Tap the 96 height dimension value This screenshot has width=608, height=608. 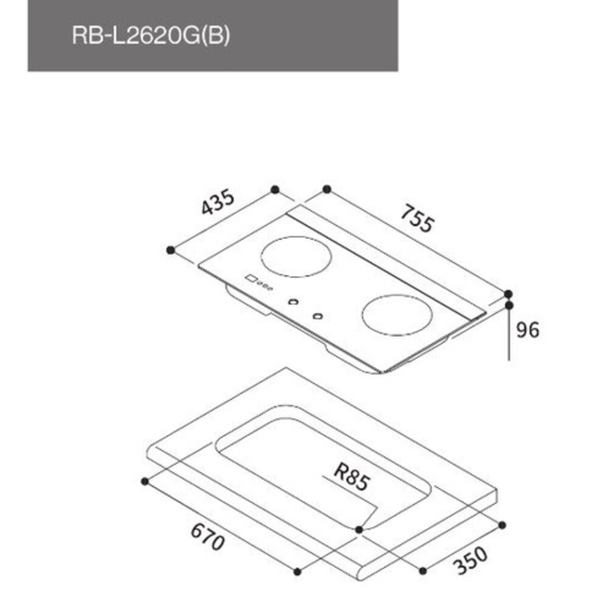[527, 330]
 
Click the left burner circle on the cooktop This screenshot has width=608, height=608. [297, 257]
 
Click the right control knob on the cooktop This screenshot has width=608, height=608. [317, 316]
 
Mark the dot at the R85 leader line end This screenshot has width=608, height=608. [359, 530]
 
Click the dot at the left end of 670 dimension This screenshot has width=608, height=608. [144, 482]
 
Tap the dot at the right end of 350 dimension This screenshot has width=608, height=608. [502, 524]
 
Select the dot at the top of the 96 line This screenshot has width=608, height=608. [508, 305]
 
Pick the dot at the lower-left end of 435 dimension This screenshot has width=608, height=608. [171, 249]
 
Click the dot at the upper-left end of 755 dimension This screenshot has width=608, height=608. [326, 189]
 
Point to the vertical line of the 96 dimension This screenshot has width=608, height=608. [508, 334]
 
